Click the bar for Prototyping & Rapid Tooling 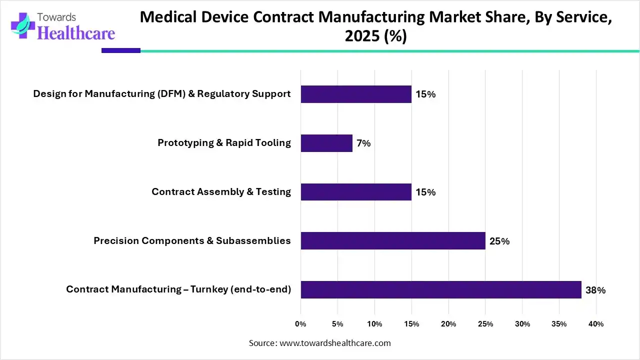click(326, 143)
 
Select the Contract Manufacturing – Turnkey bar click(441, 289)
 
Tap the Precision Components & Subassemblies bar click(393, 240)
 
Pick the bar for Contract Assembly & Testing click(356, 192)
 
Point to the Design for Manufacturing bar click(356, 94)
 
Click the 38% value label click(595, 290)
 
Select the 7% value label click(363, 143)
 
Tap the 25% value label click(499, 241)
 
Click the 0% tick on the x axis click(300, 324)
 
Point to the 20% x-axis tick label click(448, 324)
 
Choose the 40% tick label click(596, 324)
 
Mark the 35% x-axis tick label click(559, 324)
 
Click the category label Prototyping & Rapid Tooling click(224, 143)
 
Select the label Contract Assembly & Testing click(221, 192)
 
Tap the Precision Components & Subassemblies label click(192, 241)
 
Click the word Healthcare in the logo click(76, 33)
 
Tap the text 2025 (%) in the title click(375, 36)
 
